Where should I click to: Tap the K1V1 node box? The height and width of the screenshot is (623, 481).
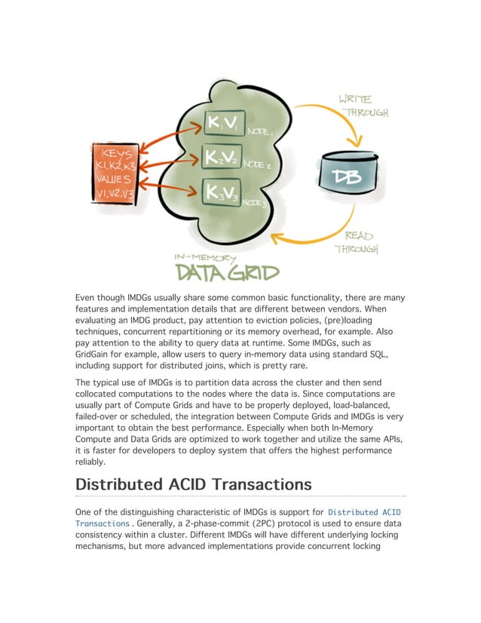(x=225, y=123)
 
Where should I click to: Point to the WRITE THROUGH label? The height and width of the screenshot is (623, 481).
(x=364, y=105)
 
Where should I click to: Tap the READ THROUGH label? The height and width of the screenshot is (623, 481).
(x=357, y=241)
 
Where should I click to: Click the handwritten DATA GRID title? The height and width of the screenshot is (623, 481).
(x=227, y=272)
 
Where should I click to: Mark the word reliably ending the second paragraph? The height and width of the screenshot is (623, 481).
(x=93, y=462)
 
